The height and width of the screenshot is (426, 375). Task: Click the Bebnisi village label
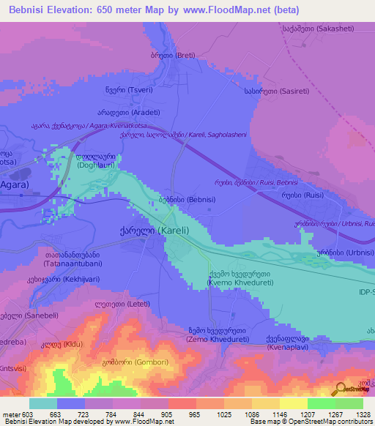[x=180, y=199]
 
